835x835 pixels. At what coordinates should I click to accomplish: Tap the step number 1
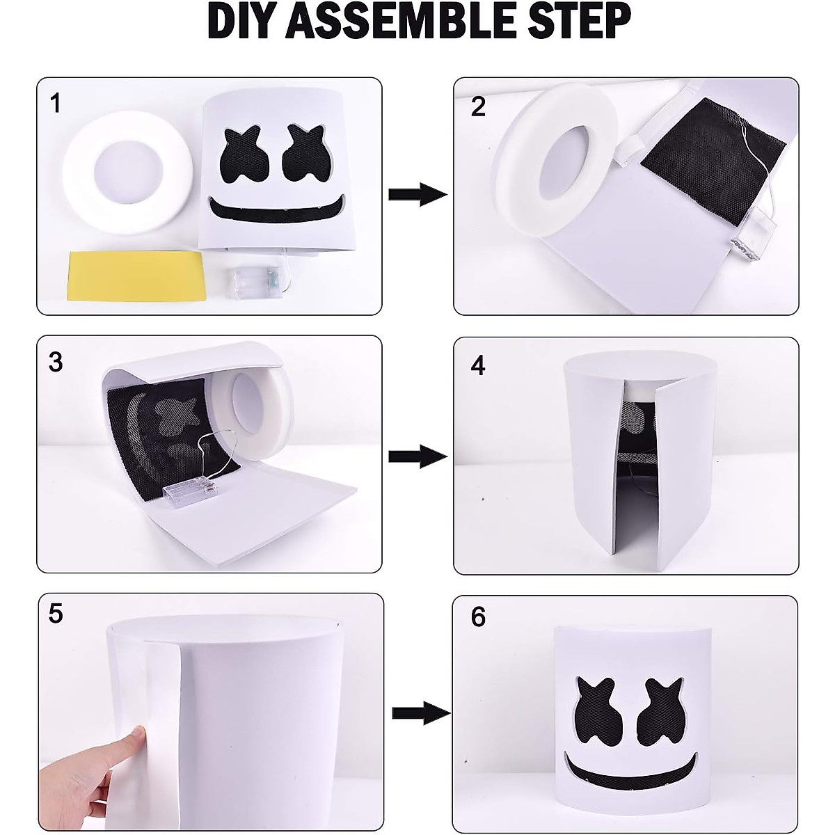[56, 104]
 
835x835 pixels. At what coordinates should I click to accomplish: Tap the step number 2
[478, 106]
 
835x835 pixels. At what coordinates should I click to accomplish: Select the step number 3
[56, 363]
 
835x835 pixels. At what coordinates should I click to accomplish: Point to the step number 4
[478, 365]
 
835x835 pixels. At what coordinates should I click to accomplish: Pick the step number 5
[56, 614]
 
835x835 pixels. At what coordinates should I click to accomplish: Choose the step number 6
[478, 617]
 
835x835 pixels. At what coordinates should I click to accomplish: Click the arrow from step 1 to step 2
[417, 195]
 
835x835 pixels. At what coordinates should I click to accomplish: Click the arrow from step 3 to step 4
[417, 456]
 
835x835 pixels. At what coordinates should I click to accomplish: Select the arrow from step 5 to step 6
[421, 713]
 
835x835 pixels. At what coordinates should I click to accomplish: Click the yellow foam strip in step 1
[135, 275]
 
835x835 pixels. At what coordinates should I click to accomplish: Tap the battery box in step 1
[255, 282]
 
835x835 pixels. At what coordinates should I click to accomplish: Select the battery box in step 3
[190, 490]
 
